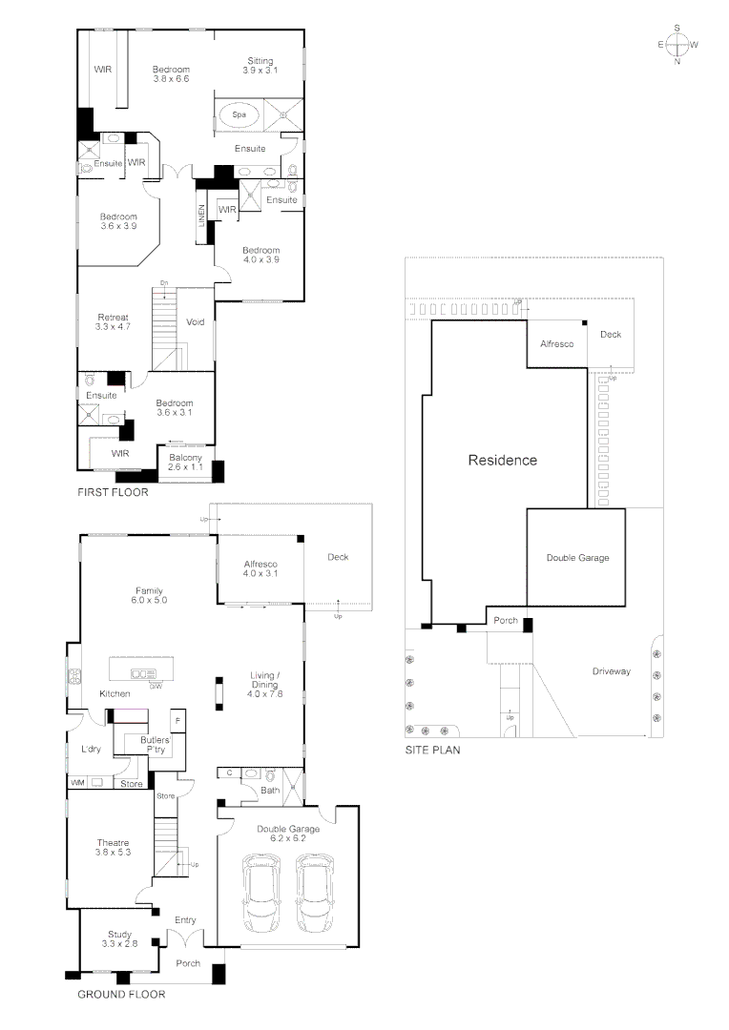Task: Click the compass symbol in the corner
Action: [x=677, y=45]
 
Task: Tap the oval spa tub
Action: [x=234, y=115]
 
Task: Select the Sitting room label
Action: [x=260, y=66]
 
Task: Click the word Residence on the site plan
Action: [x=502, y=460]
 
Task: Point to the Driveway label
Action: [x=611, y=671]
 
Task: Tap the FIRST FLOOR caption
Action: [x=114, y=493]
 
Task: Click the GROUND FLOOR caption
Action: [x=120, y=994]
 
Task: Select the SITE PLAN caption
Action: [x=433, y=751]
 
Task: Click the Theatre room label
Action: [x=113, y=847]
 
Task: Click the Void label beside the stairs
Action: [x=196, y=321]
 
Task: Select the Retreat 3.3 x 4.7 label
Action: [x=113, y=322]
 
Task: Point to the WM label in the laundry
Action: [x=77, y=783]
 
